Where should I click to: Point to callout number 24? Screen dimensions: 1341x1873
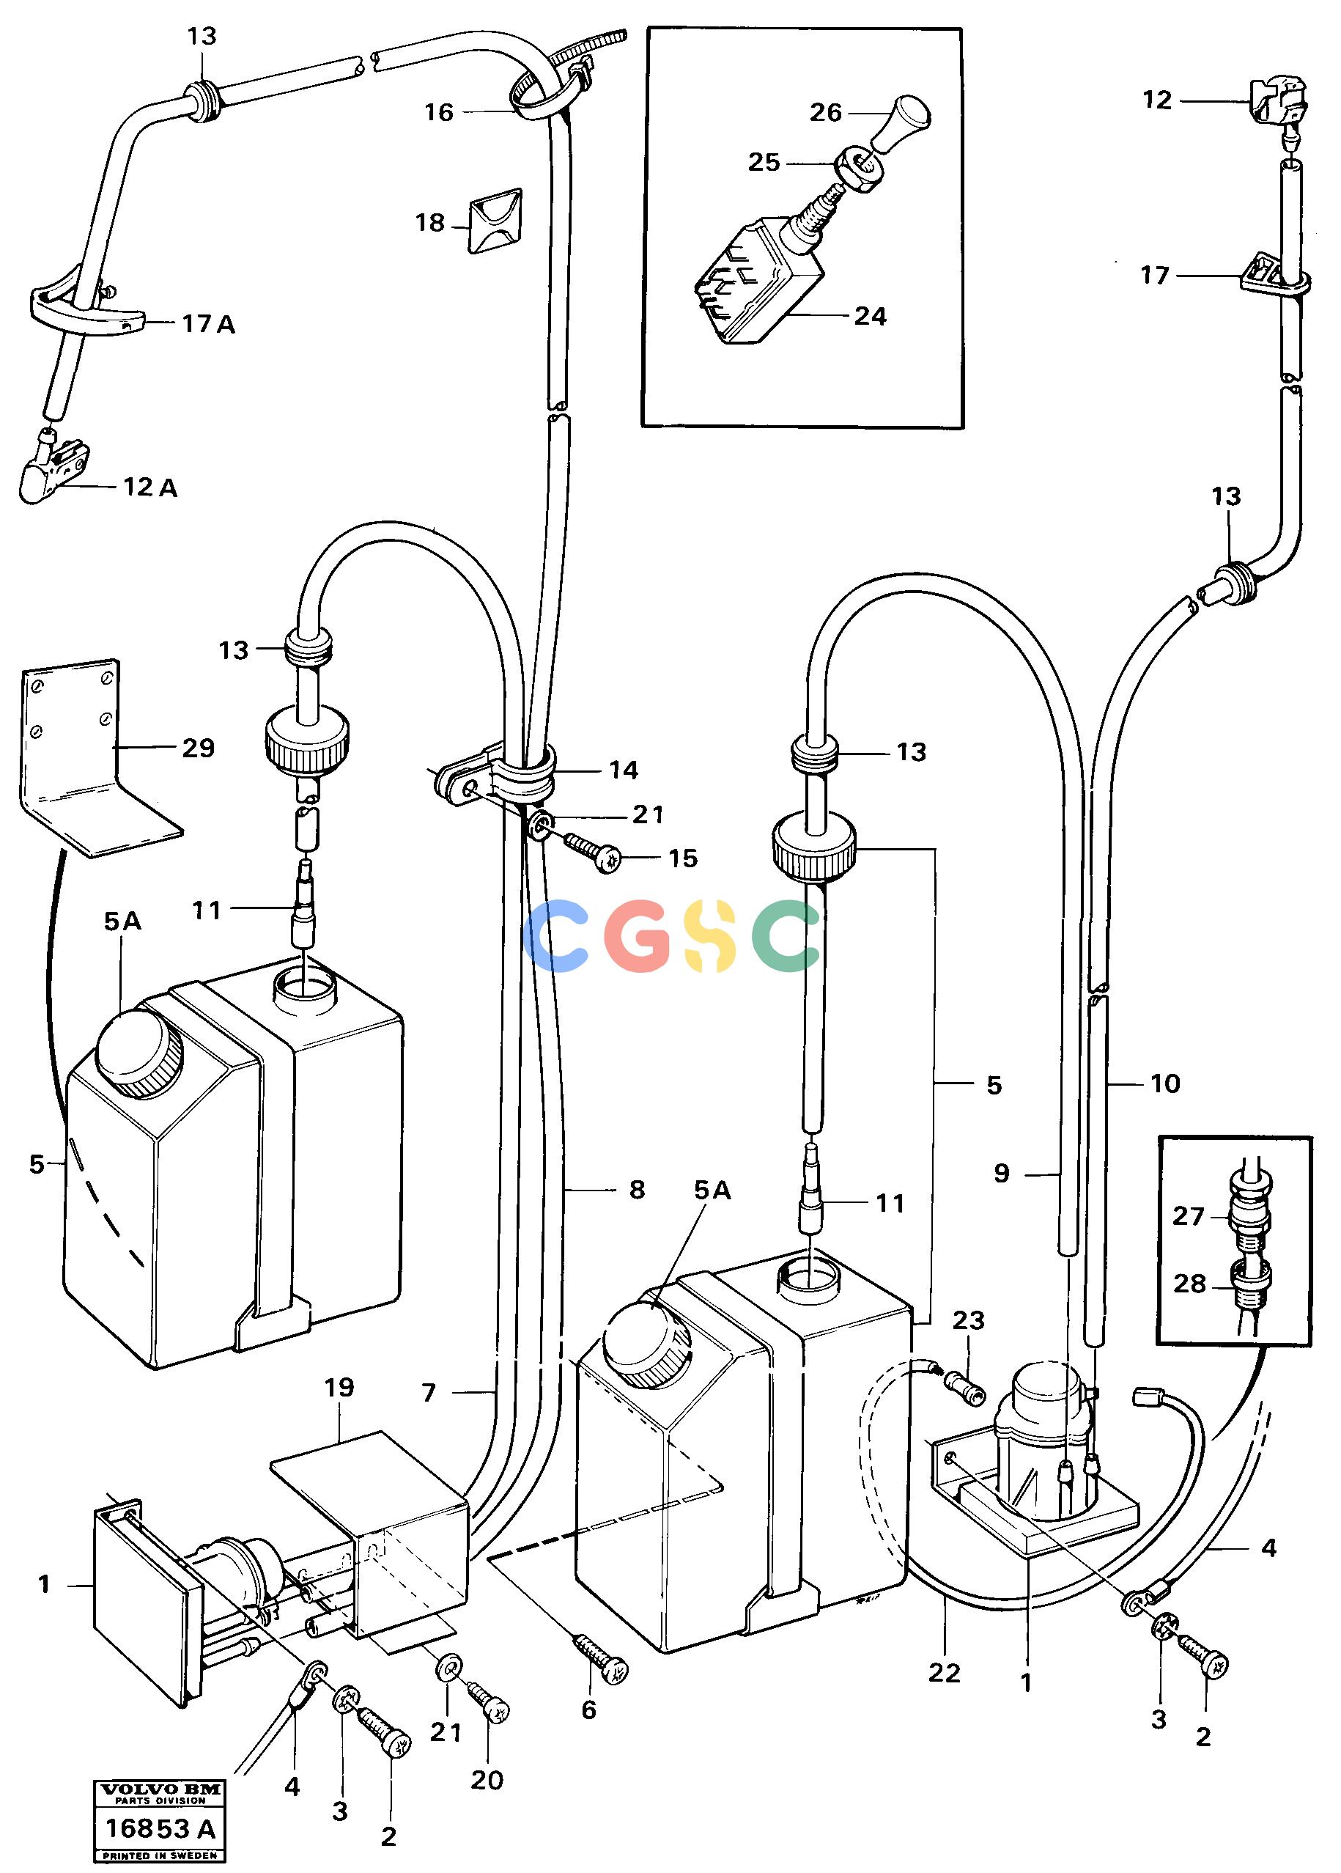point(870,316)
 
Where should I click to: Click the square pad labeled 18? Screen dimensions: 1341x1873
point(495,220)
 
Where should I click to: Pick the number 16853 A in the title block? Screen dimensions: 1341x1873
point(159,1828)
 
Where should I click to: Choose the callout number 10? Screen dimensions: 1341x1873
point(1165,1083)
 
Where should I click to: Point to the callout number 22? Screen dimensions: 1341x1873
point(944,1673)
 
